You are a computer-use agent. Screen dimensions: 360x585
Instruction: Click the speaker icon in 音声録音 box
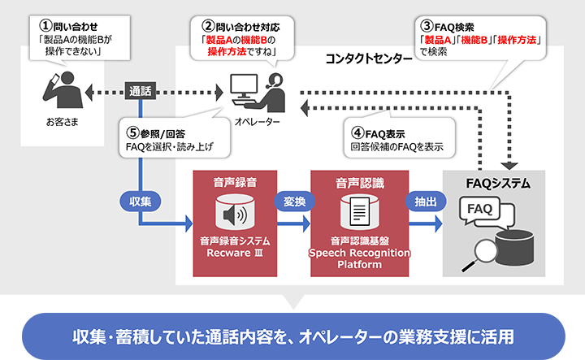(x=235, y=215)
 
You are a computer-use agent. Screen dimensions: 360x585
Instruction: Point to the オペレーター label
(x=257, y=122)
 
